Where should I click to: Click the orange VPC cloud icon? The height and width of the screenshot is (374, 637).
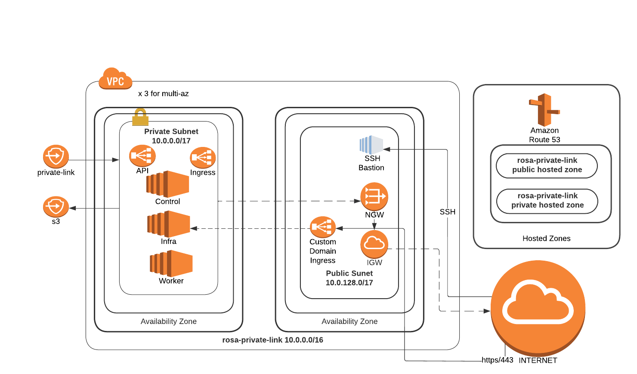115,79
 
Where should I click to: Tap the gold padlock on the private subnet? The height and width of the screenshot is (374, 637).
140,117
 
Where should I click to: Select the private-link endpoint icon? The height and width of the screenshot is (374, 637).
56,156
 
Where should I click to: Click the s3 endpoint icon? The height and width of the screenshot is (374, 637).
56,207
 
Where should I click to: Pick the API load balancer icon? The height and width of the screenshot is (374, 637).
142,156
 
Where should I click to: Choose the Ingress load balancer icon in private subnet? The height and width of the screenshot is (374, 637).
203,158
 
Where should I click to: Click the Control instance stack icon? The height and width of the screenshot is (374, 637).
168,184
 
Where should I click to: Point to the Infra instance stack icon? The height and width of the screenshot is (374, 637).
169,224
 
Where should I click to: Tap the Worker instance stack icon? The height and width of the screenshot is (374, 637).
171,263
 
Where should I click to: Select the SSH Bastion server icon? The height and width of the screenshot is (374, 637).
371,145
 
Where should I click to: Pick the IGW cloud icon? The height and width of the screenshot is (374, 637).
374,244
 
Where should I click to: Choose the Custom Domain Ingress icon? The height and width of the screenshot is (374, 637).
322,227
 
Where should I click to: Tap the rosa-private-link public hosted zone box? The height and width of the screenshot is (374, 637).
547,165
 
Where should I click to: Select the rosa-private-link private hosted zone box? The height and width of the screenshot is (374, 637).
547,201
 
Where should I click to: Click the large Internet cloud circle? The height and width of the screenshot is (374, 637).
538,307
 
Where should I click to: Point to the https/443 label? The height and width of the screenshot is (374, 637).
497,360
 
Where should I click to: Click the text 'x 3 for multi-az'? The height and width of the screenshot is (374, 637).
163,93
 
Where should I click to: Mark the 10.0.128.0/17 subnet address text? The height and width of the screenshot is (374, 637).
349,283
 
